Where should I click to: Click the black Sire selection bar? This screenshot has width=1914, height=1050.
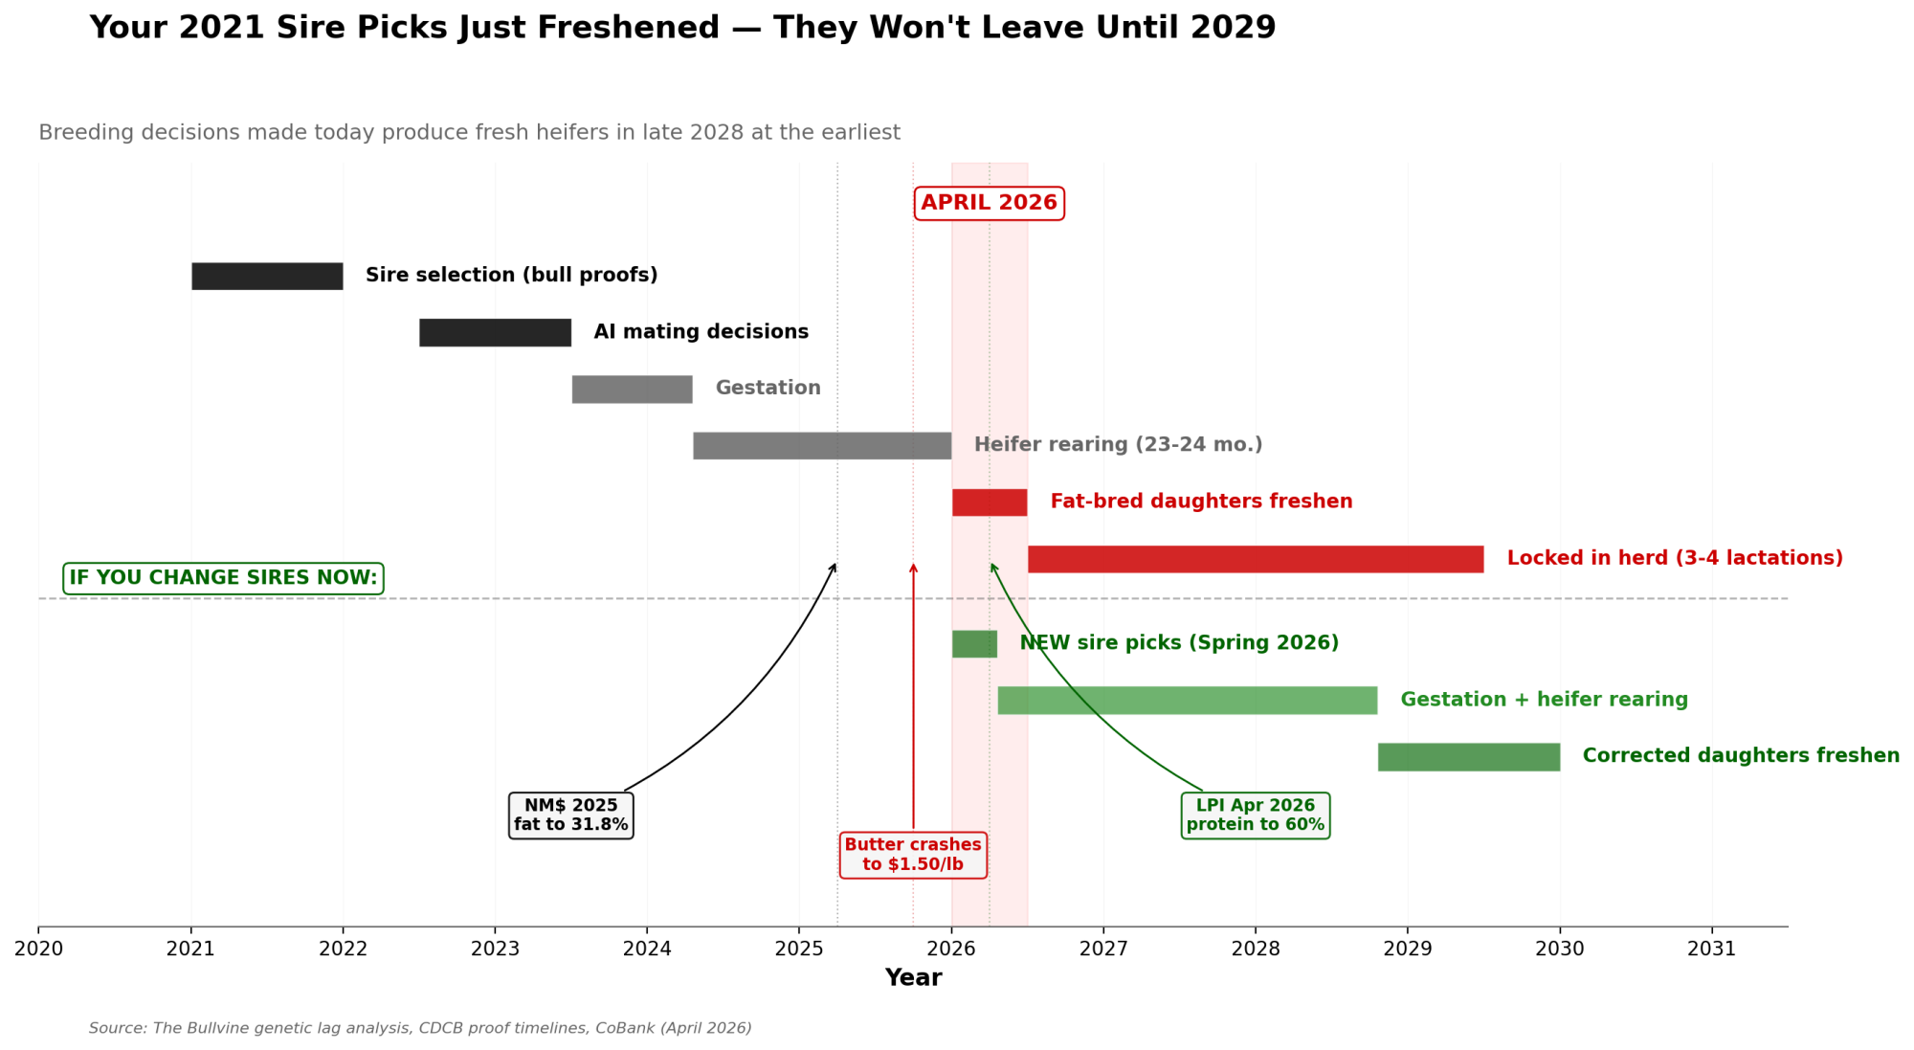[x=267, y=276]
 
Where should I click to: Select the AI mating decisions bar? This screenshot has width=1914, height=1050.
[x=495, y=332]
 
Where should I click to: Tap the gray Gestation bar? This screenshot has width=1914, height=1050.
[x=632, y=389]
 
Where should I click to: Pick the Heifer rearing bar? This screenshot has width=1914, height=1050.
[x=822, y=445]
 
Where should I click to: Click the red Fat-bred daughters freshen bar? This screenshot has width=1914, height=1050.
[x=990, y=502]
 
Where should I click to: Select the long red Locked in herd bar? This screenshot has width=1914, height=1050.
[x=1256, y=559]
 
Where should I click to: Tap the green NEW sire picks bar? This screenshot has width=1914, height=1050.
[x=974, y=643]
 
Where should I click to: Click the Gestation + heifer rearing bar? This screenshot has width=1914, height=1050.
[x=1187, y=700]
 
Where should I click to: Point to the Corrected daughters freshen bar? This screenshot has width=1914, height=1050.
[x=1469, y=756]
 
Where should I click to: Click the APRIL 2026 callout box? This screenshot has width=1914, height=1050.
[x=989, y=203]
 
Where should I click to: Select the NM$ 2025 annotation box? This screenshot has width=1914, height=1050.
[x=570, y=815]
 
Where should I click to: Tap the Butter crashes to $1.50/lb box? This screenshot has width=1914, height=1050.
[x=913, y=855]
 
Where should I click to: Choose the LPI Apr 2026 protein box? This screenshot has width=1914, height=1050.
[x=1256, y=815]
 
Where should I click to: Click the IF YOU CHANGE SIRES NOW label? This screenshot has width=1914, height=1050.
[x=223, y=578]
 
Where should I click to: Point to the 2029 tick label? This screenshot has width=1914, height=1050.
[x=1407, y=949]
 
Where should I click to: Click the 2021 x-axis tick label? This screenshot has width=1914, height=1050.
[x=190, y=949]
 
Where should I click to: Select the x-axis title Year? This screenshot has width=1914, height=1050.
[x=913, y=977]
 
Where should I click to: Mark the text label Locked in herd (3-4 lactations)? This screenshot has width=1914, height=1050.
[x=1674, y=558]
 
